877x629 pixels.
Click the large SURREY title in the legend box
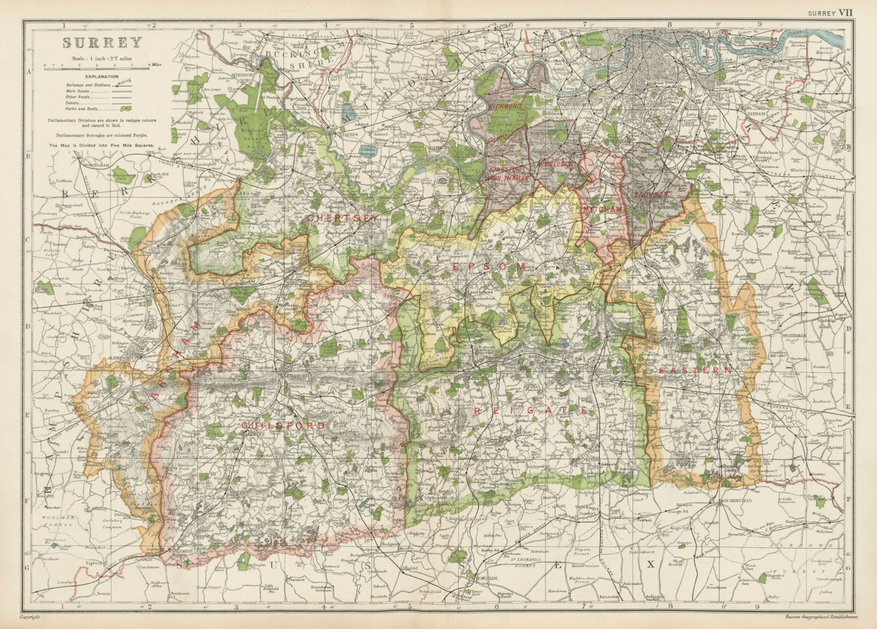pos(102,43)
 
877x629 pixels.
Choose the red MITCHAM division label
pos(604,210)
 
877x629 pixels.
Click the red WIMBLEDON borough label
pos(555,164)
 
